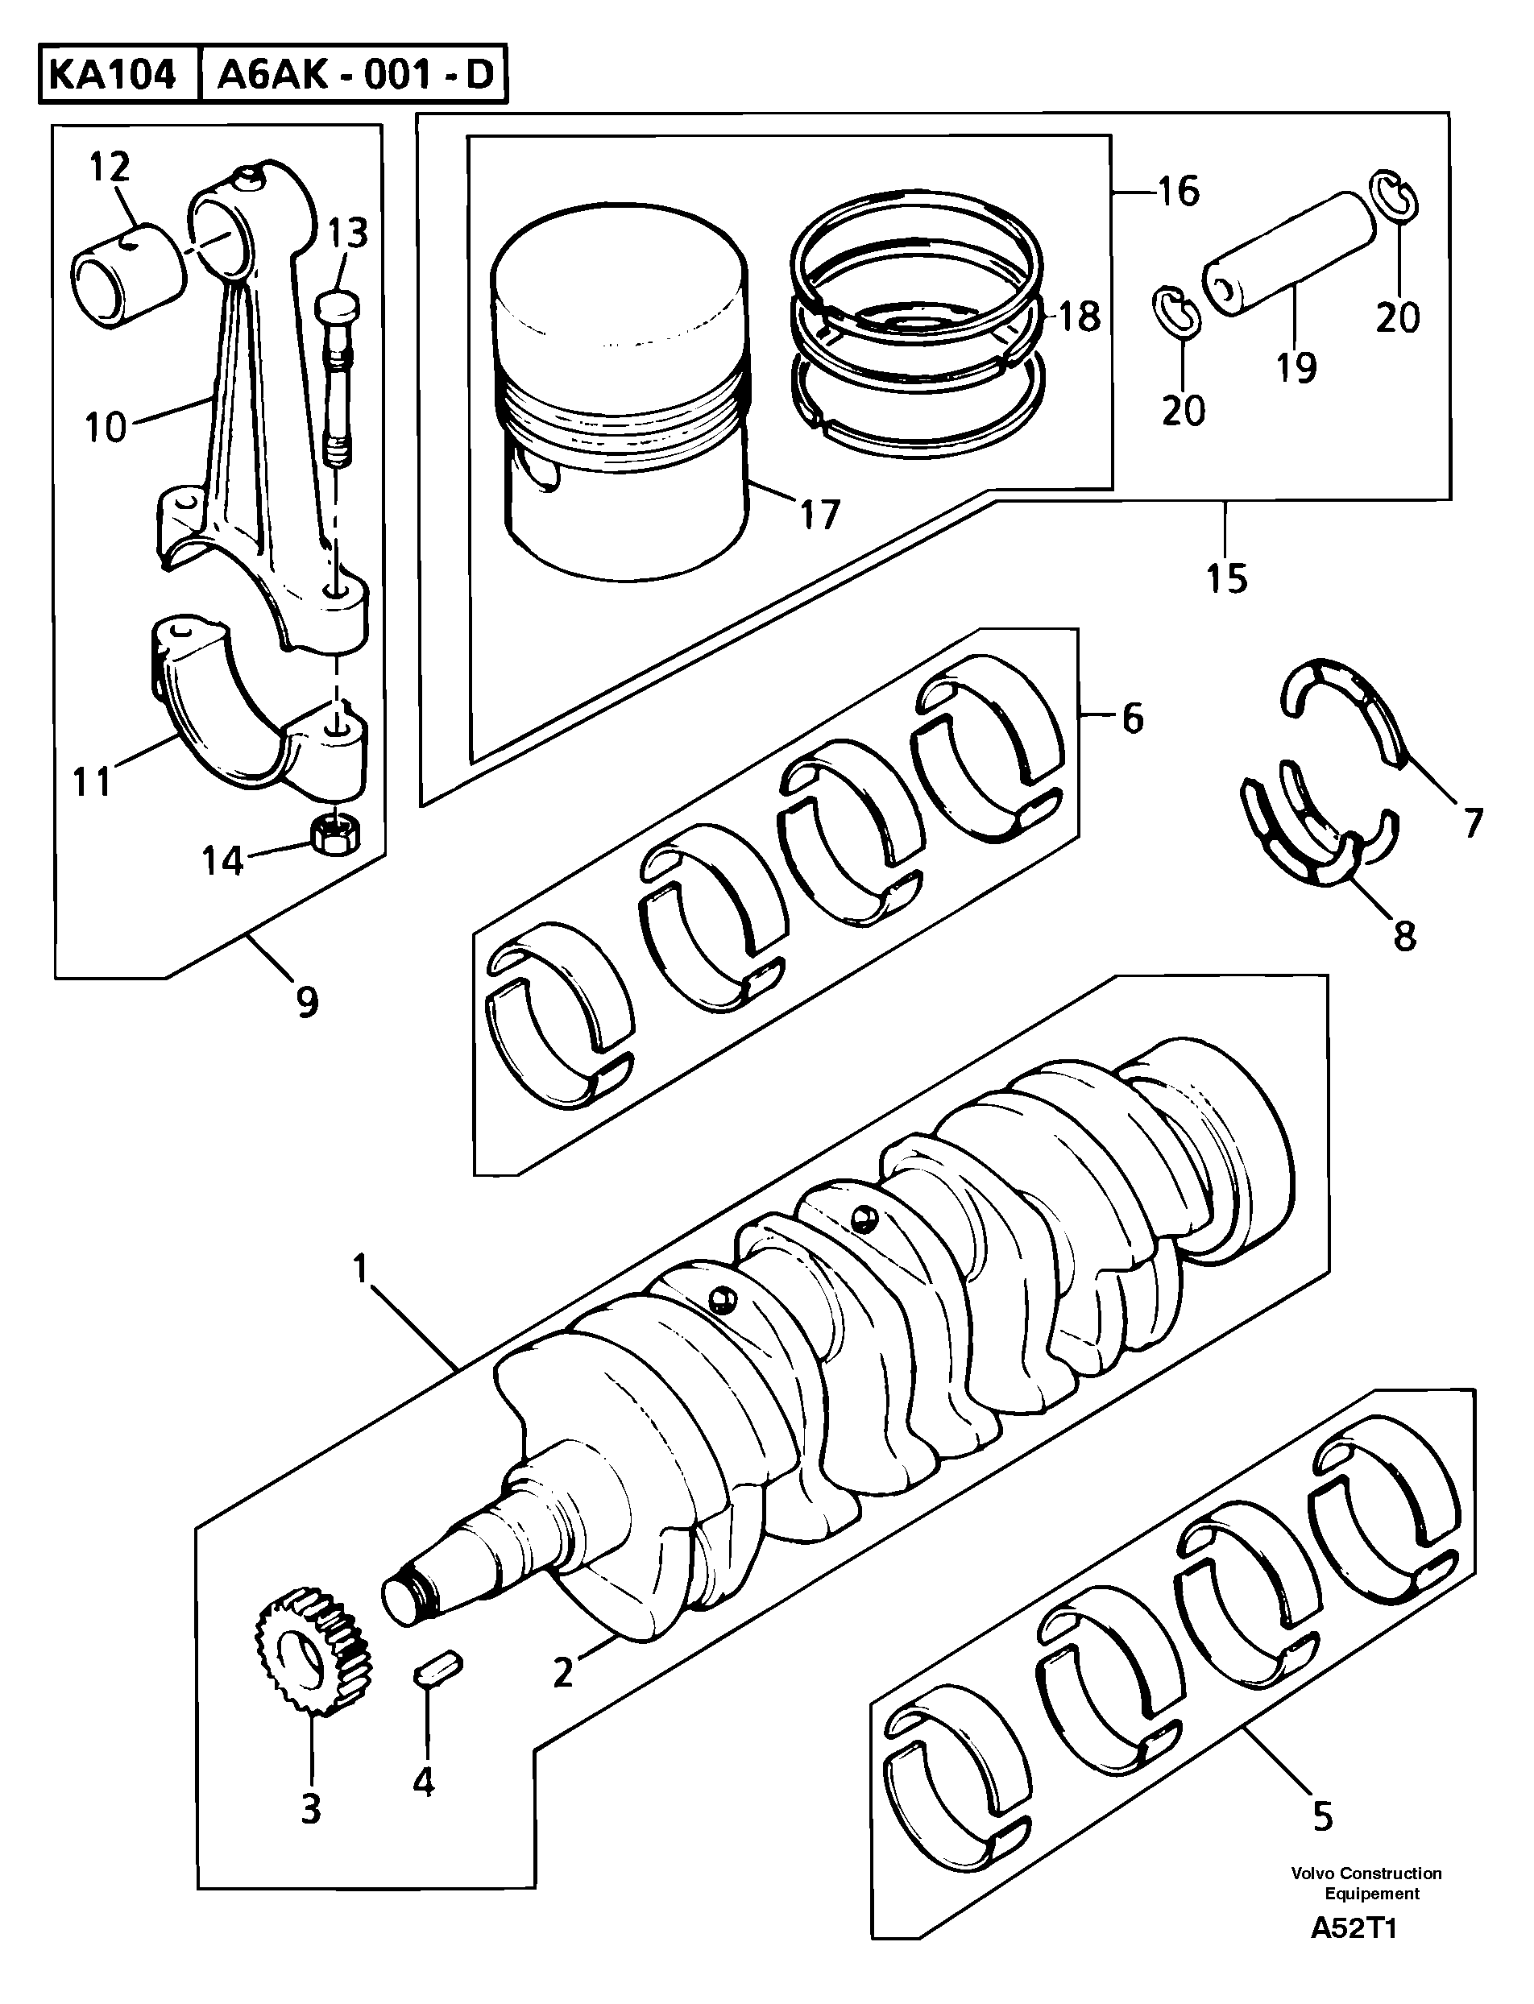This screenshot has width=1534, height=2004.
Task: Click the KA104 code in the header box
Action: pos(111,75)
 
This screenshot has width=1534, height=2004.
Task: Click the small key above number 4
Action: pos(438,1671)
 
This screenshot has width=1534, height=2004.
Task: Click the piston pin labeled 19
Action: pos(1289,255)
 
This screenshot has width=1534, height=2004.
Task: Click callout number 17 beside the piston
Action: pos(819,515)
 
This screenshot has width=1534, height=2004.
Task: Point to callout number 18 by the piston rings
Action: pos(1080,317)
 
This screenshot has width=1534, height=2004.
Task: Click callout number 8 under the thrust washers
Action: pos(1403,936)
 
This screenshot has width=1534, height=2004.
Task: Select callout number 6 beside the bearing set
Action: pos(1132,718)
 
